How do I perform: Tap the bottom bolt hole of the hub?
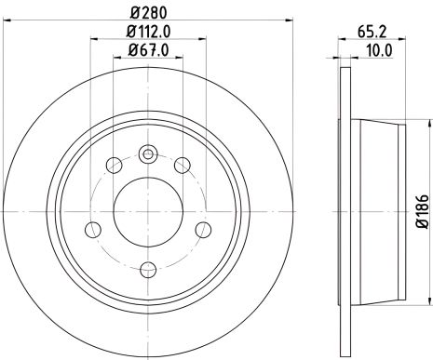coord(148,271)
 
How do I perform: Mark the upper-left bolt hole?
coord(115,166)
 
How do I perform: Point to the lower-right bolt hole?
coord(203,229)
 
